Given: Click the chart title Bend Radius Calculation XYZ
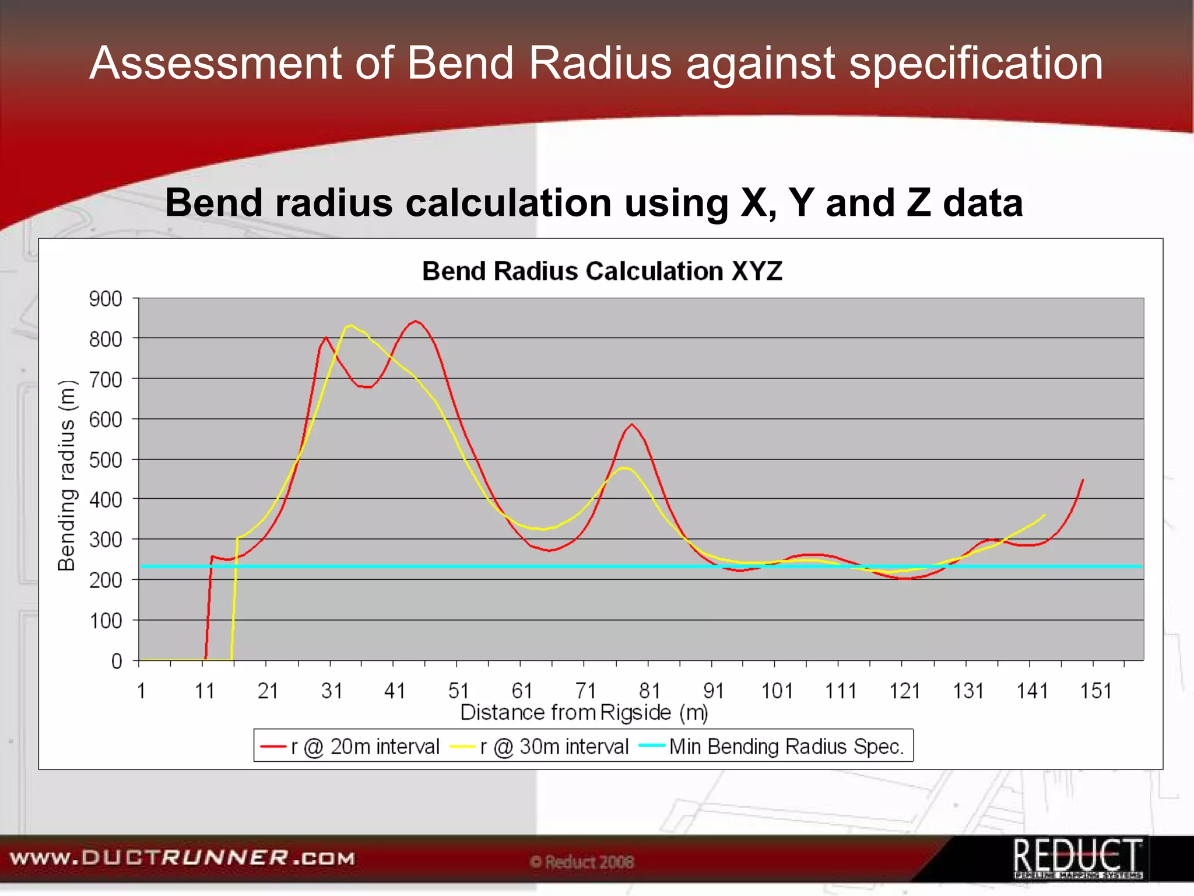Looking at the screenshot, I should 602,271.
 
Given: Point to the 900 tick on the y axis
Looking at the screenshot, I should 105,299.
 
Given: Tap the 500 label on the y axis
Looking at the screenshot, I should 105,460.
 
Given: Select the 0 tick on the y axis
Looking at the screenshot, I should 117,661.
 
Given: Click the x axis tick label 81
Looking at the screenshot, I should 649,691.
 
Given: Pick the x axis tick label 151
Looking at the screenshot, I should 1095,691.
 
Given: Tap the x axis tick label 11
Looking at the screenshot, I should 204,691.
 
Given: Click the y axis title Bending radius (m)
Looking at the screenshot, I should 67,475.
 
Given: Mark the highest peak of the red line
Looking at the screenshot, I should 415,321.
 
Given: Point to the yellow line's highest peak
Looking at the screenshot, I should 350,325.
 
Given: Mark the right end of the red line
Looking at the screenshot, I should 1083,480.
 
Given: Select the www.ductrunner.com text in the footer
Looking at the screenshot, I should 182,858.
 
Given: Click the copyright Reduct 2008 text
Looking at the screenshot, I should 582,862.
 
